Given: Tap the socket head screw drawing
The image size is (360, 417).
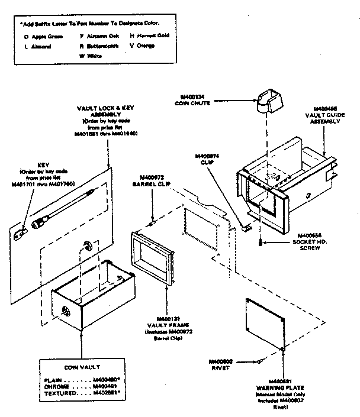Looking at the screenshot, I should pyautogui.click(x=261, y=240).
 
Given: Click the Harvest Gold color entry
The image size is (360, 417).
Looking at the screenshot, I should pyautogui.click(x=149, y=35).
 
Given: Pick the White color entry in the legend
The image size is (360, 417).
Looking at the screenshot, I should pyautogui.click(x=89, y=56).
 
